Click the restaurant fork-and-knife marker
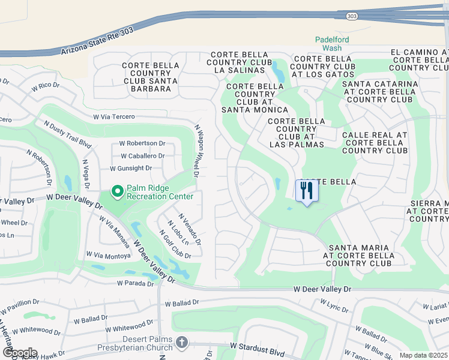[307, 191]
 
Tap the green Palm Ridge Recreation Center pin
[118, 191]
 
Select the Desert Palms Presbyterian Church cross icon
[182, 342]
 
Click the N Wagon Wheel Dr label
[196, 151]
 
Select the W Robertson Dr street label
[142, 143]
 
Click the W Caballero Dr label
[142, 156]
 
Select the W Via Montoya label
[109, 256]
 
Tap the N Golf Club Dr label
[174, 244]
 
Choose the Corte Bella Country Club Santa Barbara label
[150, 77]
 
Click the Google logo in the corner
[20, 353]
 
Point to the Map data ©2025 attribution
[423, 355]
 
